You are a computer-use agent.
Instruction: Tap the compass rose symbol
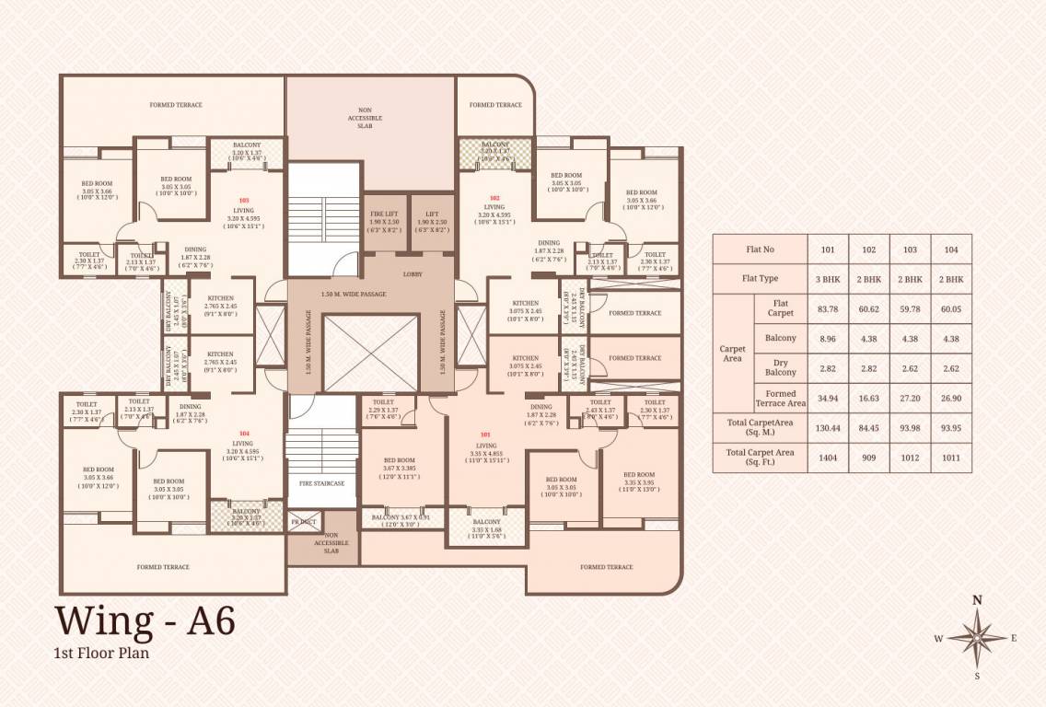pyautogui.click(x=977, y=636)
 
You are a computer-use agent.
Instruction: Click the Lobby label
pyautogui.click(x=412, y=274)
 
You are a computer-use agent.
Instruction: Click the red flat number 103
pyautogui.click(x=244, y=200)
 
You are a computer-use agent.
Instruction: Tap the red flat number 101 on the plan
pyautogui.click(x=486, y=435)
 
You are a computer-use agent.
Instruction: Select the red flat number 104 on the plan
pyautogui.click(x=244, y=433)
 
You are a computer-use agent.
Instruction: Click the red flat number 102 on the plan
pyautogui.click(x=494, y=198)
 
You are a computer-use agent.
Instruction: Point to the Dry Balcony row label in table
pyautogui.click(x=781, y=368)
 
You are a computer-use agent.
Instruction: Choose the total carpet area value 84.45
pyautogui.click(x=868, y=426)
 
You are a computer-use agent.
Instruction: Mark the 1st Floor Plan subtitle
pyautogui.click(x=101, y=654)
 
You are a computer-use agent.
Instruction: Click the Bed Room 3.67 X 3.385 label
pyautogui.click(x=399, y=466)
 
